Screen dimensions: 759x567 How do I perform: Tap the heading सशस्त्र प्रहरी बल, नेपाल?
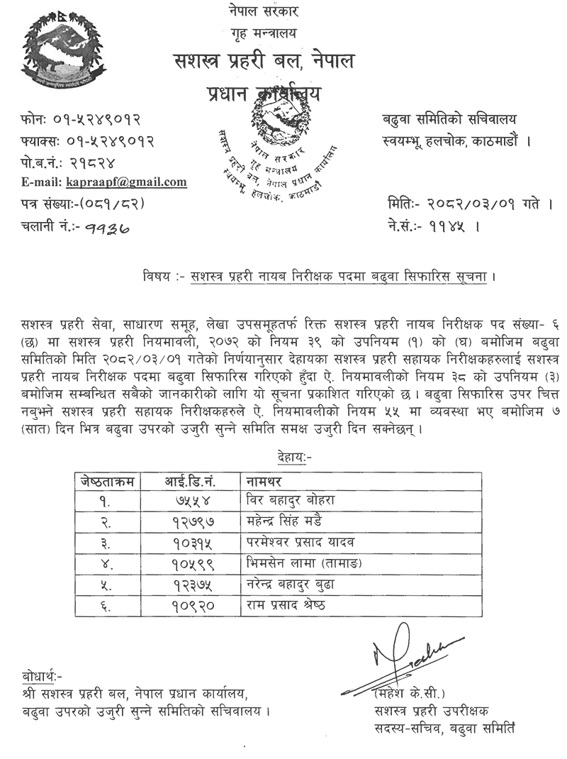click(264, 62)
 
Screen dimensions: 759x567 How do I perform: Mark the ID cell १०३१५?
click(192, 543)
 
